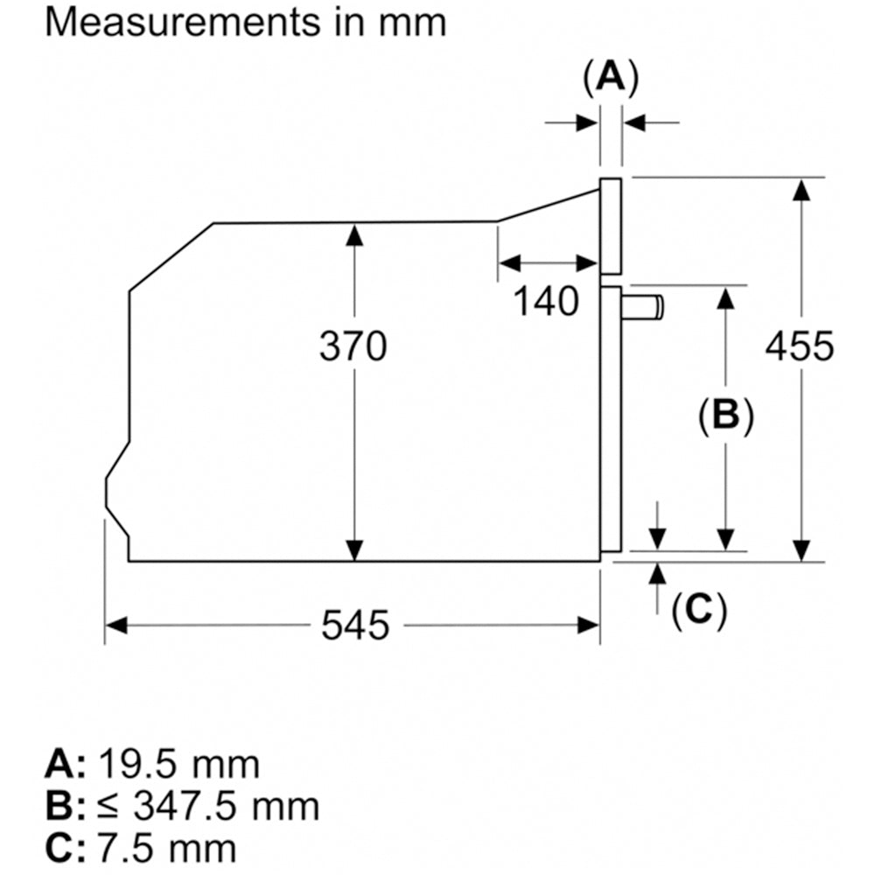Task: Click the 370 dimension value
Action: (352, 346)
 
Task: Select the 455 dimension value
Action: (800, 346)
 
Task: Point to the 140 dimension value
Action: (545, 302)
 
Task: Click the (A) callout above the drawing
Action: (611, 78)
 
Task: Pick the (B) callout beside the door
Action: (725, 415)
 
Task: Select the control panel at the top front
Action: (611, 224)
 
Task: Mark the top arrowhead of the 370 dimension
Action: (353, 233)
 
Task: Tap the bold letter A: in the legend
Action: (64, 764)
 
